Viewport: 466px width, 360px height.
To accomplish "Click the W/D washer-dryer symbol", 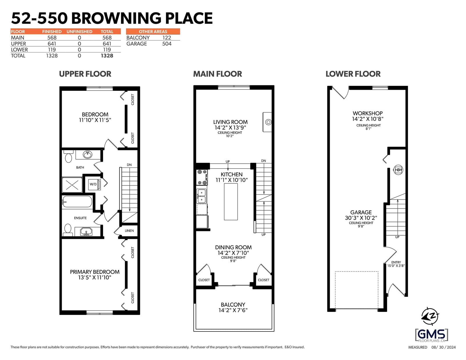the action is tap(94, 184).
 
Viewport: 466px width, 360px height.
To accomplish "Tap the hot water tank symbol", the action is tap(398, 170).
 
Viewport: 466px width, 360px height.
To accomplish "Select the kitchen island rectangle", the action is tap(231, 202).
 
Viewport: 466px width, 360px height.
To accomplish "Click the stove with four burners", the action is tap(202, 177).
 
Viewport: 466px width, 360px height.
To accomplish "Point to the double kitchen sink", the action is tap(201, 196).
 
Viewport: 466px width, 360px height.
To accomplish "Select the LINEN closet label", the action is tap(129, 231).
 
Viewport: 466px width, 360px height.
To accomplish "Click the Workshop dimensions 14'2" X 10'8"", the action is tap(368, 119).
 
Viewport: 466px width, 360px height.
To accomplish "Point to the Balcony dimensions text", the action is tap(233, 310).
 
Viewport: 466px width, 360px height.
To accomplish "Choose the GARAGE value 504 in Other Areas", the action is tap(167, 44).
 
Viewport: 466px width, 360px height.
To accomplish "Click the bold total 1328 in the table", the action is tap(107, 56).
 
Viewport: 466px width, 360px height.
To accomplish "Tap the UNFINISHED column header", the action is tap(79, 31).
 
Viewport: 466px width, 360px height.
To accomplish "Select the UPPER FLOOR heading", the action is tap(85, 74).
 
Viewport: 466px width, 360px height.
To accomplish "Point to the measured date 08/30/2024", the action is tap(444, 347).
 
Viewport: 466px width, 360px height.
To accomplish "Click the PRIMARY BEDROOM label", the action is tap(95, 272).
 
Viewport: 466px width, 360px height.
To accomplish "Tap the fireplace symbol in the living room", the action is tap(267, 122).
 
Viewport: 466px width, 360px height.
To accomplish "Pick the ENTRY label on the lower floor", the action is tap(396, 262).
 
